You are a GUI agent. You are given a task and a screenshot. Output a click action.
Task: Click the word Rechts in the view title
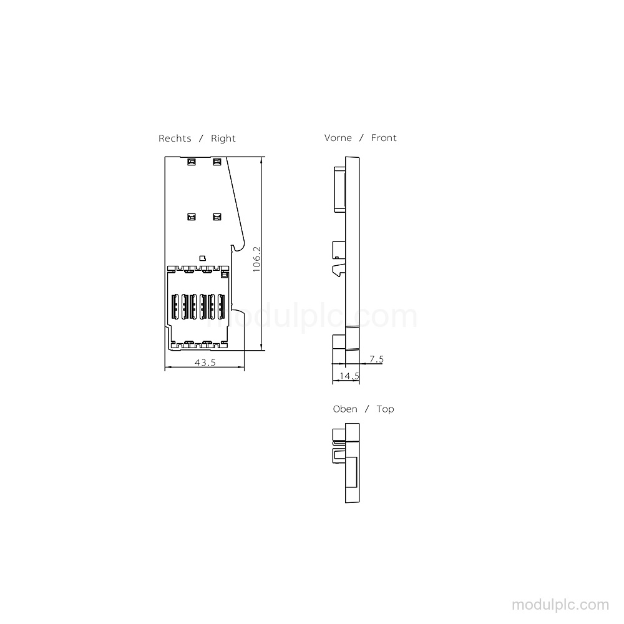coord(175,139)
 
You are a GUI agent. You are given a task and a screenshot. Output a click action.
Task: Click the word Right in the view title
coord(223,139)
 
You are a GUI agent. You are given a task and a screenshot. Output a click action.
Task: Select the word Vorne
coord(338,138)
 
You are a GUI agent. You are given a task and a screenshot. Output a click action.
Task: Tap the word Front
coord(384,138)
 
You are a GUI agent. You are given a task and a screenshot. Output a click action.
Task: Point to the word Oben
coord(345,409)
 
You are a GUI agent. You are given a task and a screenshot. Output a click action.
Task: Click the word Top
coord(385,409)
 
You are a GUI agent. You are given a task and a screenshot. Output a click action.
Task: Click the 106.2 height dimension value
coord(256,259)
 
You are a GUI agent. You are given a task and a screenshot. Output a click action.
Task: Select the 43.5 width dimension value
coord(205,363)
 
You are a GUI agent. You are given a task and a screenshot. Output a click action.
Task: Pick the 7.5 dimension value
coord(376,359)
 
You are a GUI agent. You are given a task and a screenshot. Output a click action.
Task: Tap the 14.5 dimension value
coord(349,376)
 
